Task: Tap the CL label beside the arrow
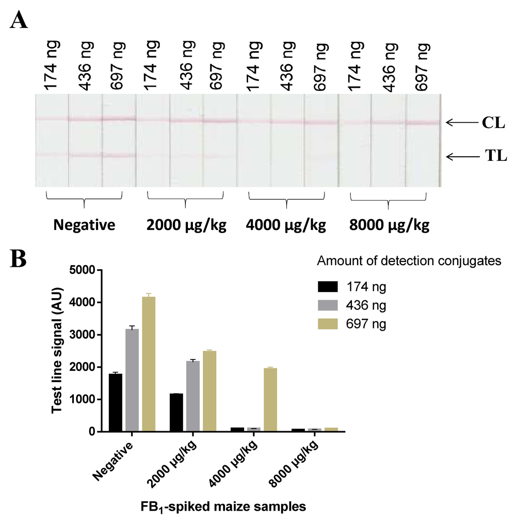point(493,123)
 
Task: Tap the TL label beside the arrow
point(494,157)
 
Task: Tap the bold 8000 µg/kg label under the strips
point(389,227)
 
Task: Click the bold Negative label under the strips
point(83,227)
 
